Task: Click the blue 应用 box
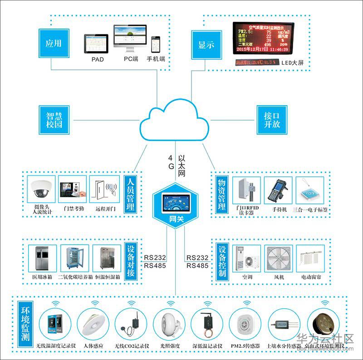click(x=53, y=44)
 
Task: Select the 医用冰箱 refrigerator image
click(x=42, y=259)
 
